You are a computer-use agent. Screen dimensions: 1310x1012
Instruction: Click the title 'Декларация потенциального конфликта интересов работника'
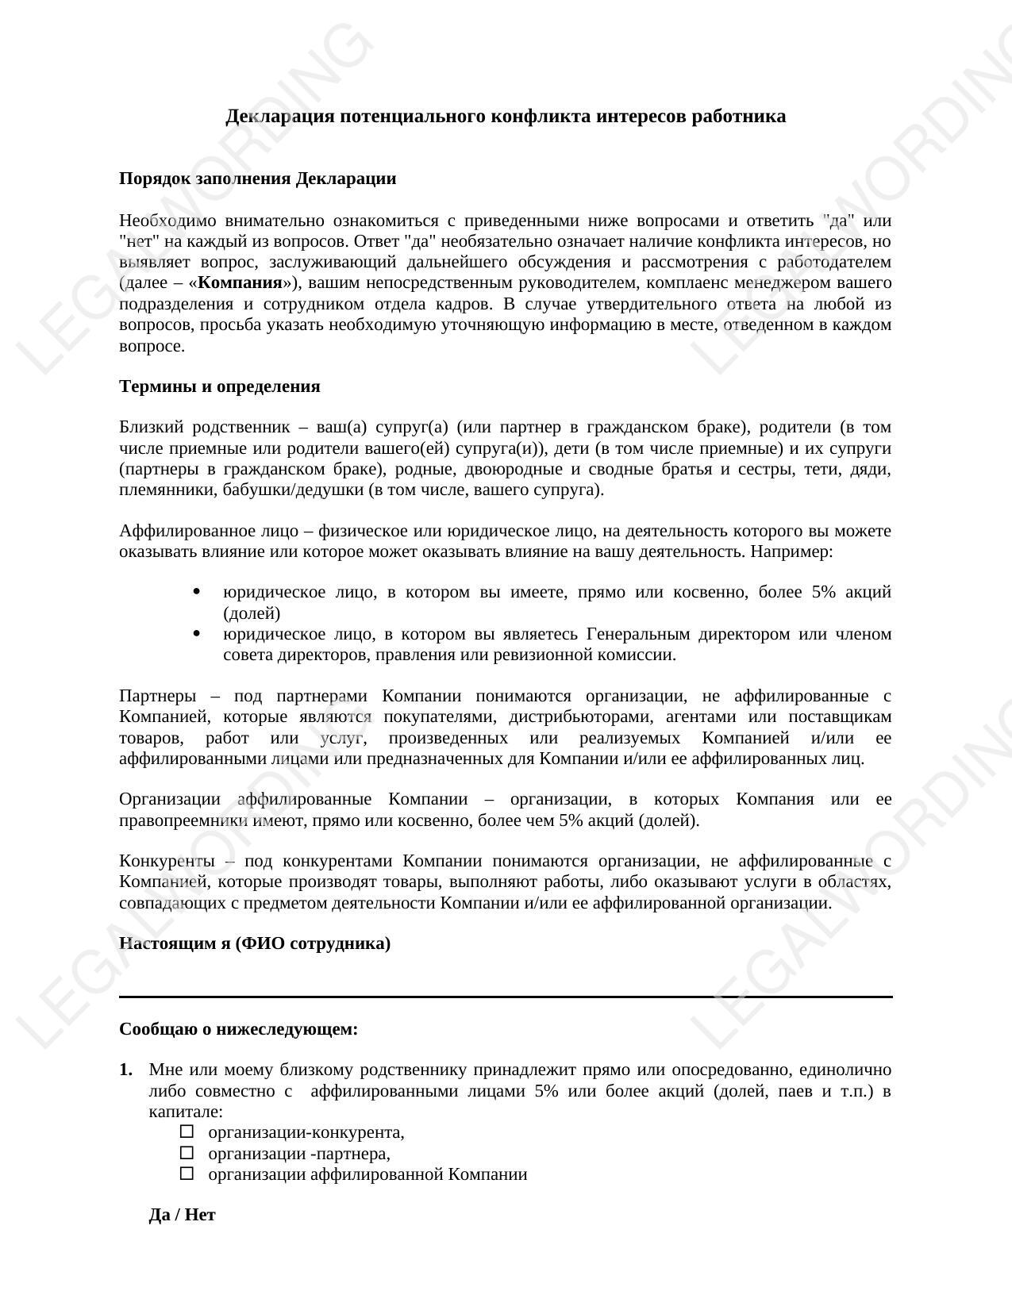pos(506,117)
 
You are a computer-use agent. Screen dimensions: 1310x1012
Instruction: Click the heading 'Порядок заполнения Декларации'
pos(257,179)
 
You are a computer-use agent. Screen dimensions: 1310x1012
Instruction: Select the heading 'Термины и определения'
pos(219,386)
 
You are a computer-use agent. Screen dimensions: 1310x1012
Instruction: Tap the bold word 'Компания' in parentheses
pos(240,283)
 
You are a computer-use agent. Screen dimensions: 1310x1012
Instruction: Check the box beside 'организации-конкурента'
pos(187,1131)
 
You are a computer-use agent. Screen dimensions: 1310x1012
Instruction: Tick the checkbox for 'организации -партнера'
pos(187,1153)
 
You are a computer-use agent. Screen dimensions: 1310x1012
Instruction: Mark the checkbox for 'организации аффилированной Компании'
pos(187,1174)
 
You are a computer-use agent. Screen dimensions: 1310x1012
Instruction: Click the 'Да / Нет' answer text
pos(182,1215)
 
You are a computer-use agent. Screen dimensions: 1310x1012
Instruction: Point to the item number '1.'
pos(126,1070)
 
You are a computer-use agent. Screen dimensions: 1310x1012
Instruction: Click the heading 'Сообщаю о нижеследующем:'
pos(238,1029)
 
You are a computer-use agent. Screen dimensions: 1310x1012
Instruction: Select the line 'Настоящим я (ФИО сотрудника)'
pos(254,943)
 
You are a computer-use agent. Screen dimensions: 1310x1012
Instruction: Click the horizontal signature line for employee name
pos(506,996)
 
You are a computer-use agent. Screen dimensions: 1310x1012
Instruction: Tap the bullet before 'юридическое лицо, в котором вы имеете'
pos(196,592)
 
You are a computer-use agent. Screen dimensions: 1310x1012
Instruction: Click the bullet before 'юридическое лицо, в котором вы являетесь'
pos(196,634)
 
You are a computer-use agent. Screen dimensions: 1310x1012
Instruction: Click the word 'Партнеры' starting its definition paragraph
pos(157,696)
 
